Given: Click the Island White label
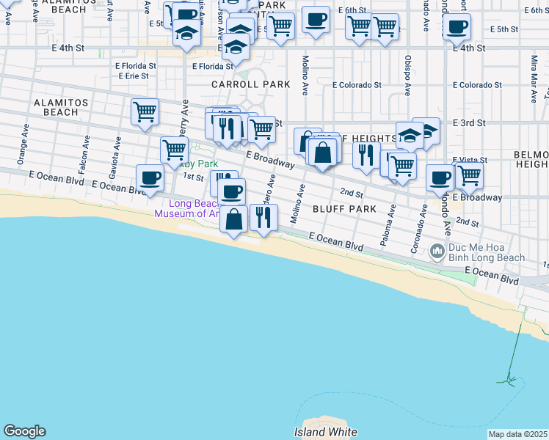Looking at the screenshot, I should click(325, 432).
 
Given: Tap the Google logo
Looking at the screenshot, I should click(24, 431).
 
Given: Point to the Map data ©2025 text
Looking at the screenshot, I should click(518, 434).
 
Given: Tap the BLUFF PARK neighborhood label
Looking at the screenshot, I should click(344, 209).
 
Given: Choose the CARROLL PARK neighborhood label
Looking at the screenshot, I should click(251, 84).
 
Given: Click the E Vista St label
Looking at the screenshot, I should click(470, 160).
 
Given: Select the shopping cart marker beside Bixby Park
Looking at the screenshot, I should click(174, 149).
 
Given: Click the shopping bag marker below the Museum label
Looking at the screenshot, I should click(233, 219).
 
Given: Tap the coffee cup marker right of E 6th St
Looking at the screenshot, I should click(316, 20).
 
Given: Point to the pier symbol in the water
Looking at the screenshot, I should click(507, 380).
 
